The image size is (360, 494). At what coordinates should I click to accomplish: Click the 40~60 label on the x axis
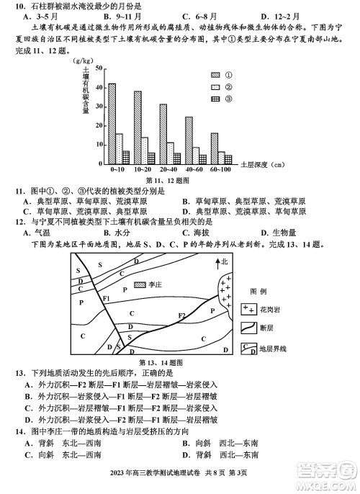click(x=194, y=170)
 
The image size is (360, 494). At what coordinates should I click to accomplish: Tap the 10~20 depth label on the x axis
click(x=142, y=170)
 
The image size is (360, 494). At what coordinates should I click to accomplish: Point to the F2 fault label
click(x=182, y=315)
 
